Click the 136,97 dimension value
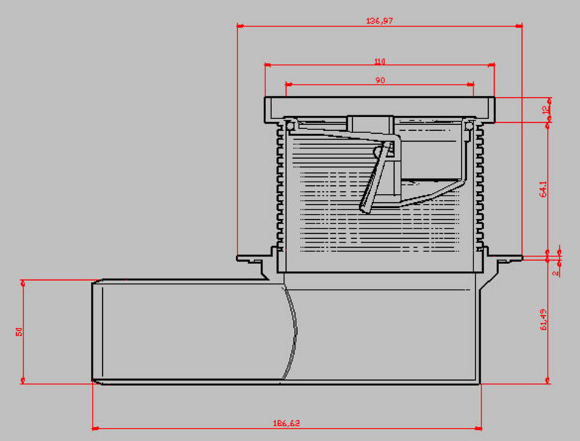click(379, 21)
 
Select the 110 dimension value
click(379, 61)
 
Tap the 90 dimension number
click(379, 81)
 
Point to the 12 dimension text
click(545, 110)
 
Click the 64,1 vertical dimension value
click(543, 190)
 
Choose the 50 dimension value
click(18, 331)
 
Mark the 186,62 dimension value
click(287, 423)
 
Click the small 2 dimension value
click(556, 271)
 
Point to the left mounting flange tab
click(250, 257)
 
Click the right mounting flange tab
click(505, 257)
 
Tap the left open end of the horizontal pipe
click(94, 331)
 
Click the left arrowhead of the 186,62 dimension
click(96, 427)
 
